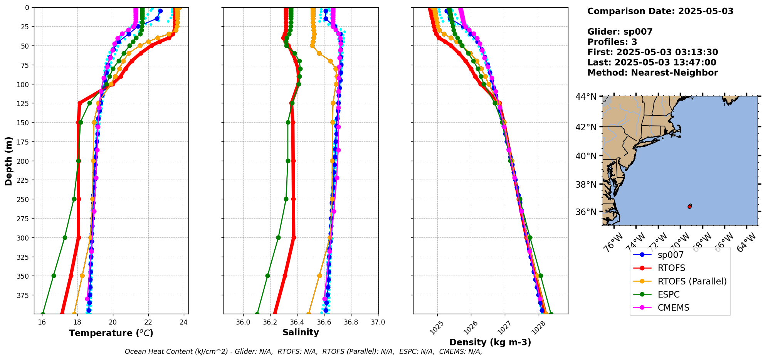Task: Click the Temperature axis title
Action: (x=111, y=333)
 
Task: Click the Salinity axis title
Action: (x=301, y=332)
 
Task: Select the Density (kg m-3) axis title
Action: (x=490, y=342)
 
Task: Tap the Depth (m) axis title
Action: (x=8, y=161)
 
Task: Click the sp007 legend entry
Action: (x=671, y=255)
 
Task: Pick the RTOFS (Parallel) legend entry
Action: (x=692, y=281)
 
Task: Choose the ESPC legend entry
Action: (x=669, y=294)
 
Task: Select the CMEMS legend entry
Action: (x=673, y=308)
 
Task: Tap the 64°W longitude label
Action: (x=746, y=243)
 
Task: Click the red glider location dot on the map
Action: (x=689, y=207)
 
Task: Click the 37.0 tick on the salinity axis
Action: (x=378, y=322)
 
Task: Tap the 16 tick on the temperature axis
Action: (x=42, y=322)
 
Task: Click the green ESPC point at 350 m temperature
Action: (x=54, y=276)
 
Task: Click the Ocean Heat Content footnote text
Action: (x=303, y=352)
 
